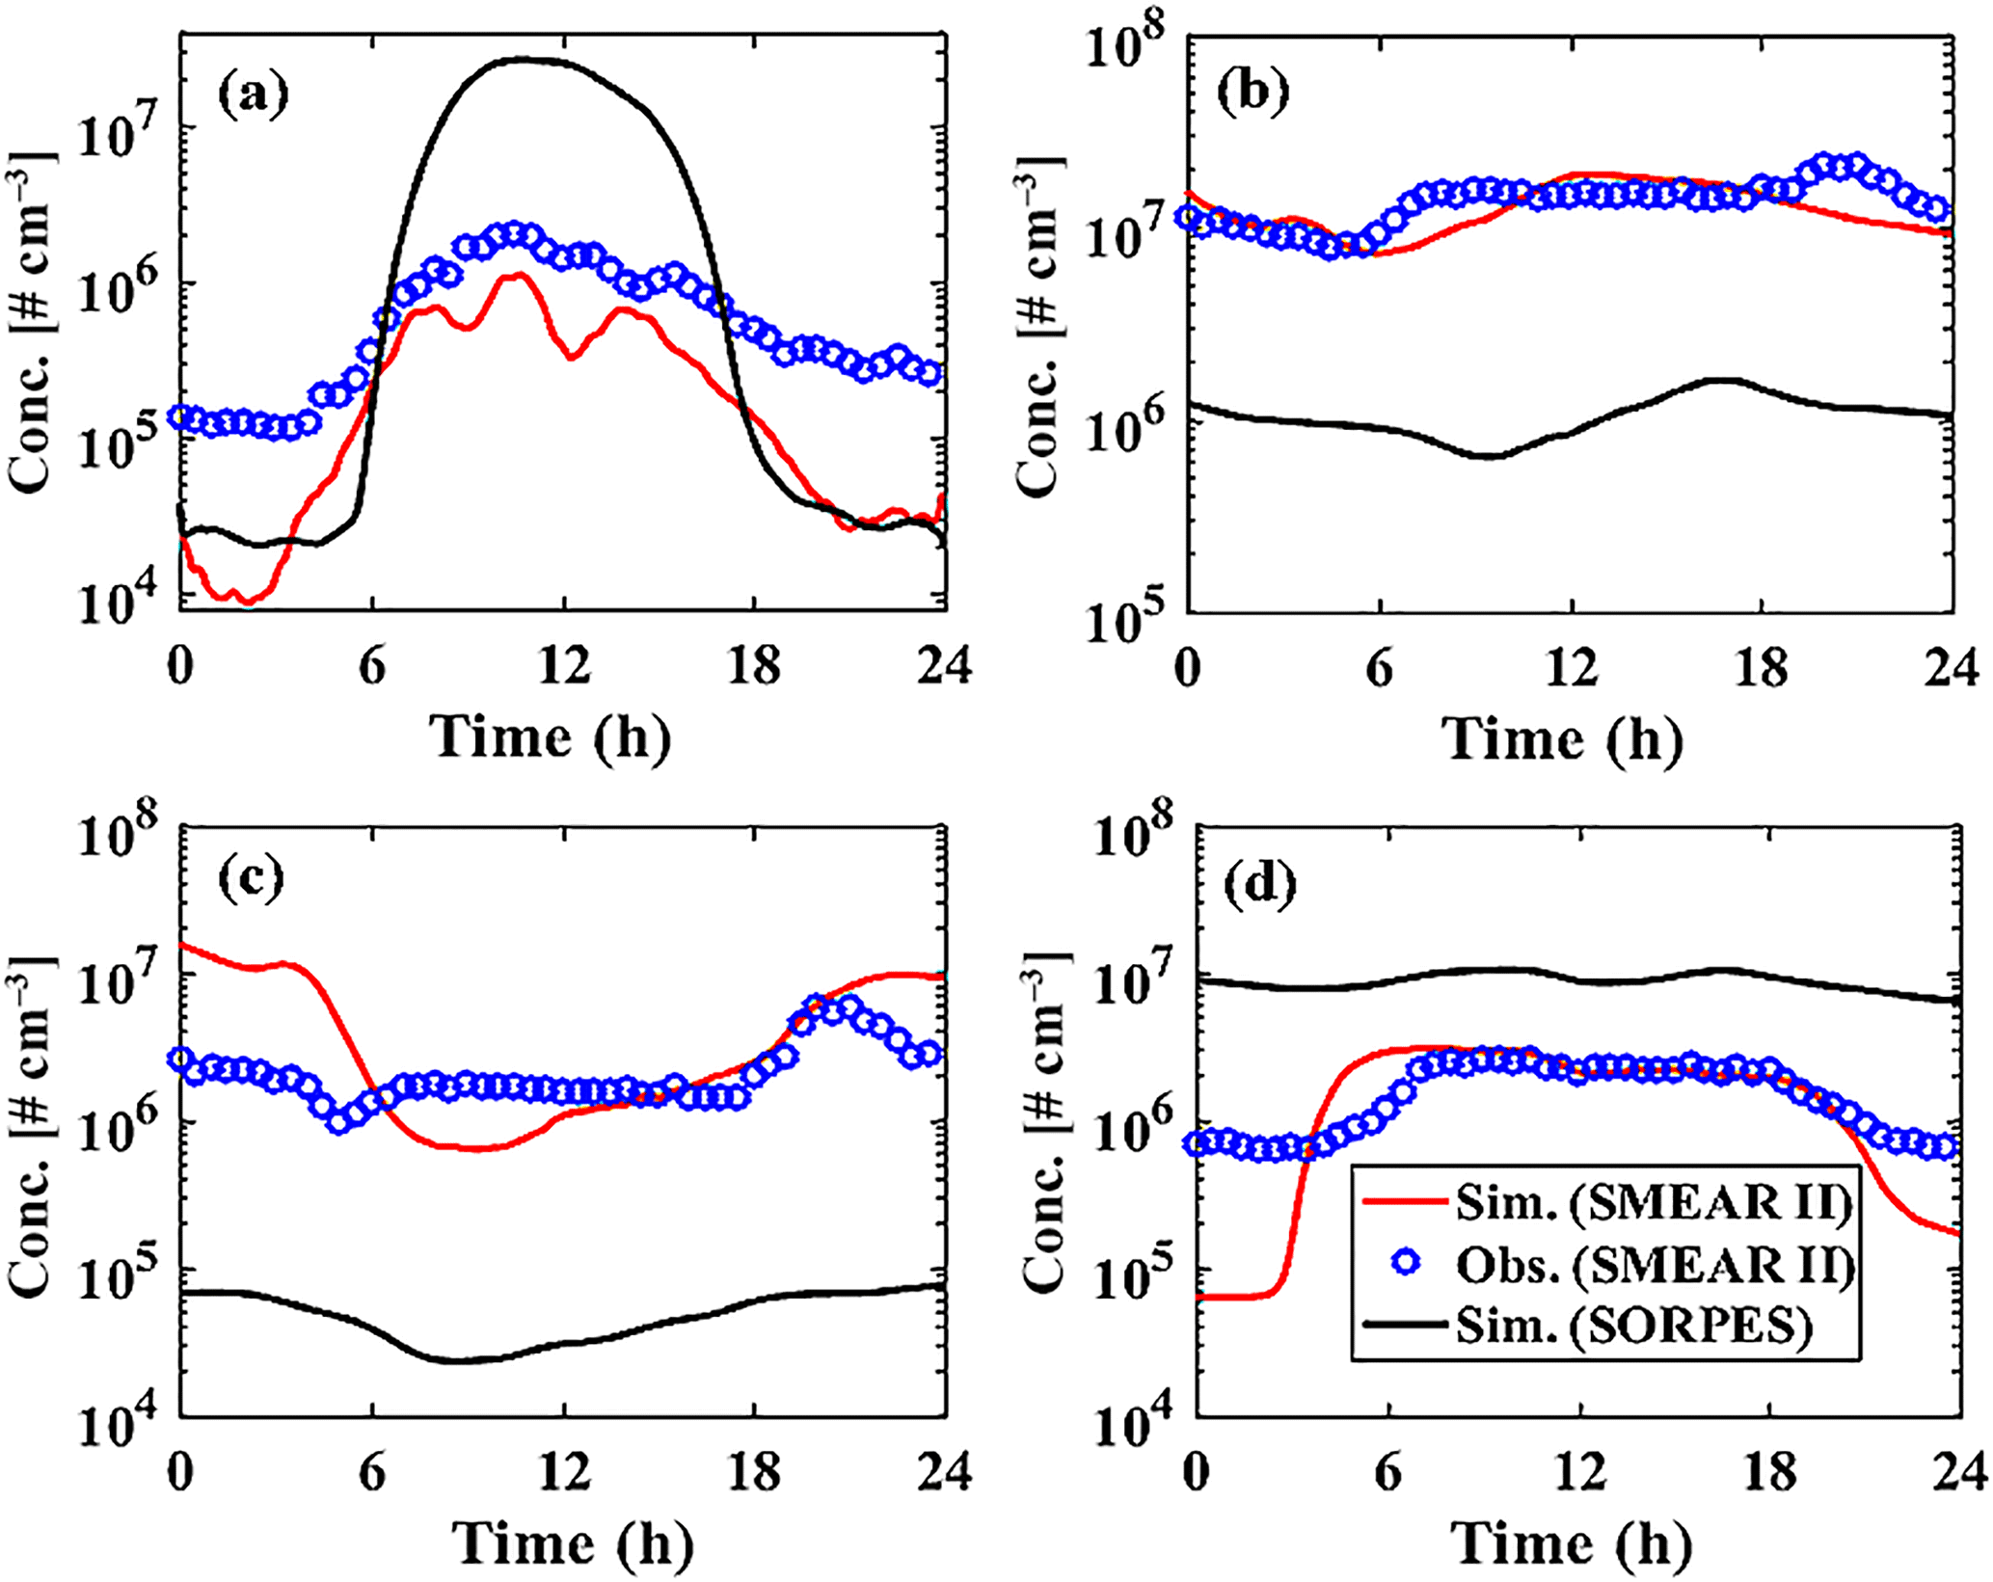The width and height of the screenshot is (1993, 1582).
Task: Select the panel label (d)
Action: coord(1260,885)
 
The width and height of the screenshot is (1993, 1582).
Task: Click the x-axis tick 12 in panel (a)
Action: coord(565,665)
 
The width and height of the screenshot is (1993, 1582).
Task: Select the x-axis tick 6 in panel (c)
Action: coord(372,1473)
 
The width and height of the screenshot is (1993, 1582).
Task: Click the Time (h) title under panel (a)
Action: coord(550,737)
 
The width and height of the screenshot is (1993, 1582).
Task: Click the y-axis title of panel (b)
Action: coord(1040,328)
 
